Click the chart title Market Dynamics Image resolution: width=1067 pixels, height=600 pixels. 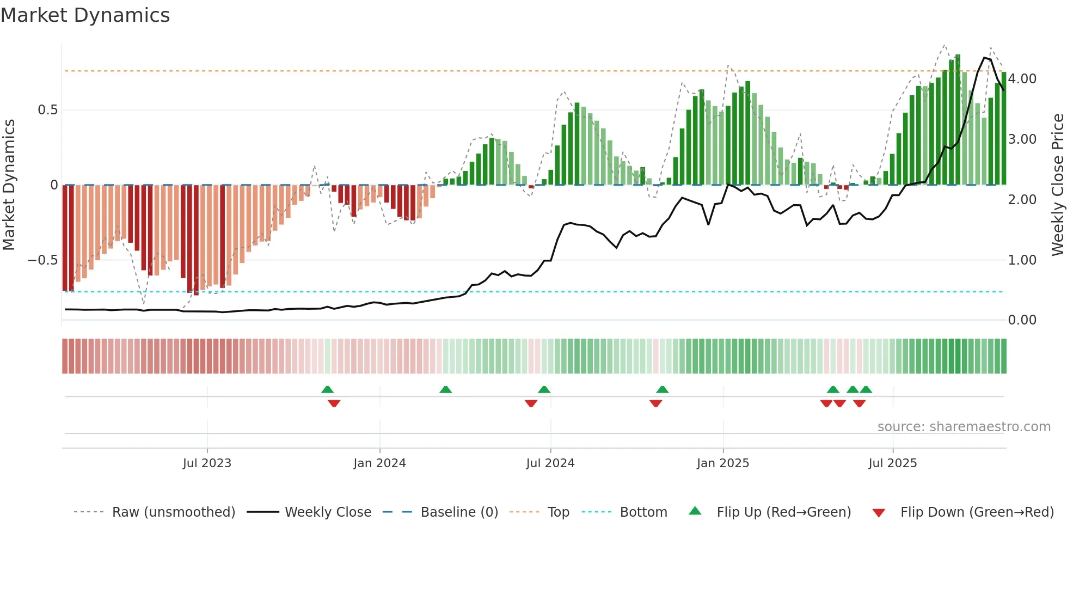tap(85, 15)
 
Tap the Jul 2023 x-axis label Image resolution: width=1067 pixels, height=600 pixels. tap(207, 463)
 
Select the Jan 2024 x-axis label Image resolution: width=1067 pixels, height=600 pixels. tap(379, 463)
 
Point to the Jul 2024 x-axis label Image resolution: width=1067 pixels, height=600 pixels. tap(550, 463)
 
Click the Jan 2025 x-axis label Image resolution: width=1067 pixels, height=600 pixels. tap(722, 463)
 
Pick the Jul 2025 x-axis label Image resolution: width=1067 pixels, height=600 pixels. tap(892, 463)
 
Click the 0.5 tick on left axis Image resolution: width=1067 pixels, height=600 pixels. tap(47, 110)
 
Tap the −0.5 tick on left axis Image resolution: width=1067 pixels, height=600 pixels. tap(43, 260)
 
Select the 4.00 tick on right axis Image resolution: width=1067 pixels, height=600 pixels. tap(1022, 79)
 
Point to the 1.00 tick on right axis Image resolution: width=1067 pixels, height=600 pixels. tap(1022, 260)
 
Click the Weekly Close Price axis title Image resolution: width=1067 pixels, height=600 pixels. tap(1057, 185)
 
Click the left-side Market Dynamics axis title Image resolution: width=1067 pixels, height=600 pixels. tap(9, 185)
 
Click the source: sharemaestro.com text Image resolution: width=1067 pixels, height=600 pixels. tap(964, 427)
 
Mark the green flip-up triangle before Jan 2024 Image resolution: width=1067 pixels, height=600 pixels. tap(327, 389)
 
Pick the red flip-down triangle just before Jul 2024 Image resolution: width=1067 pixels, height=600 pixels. tap(531, 403)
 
